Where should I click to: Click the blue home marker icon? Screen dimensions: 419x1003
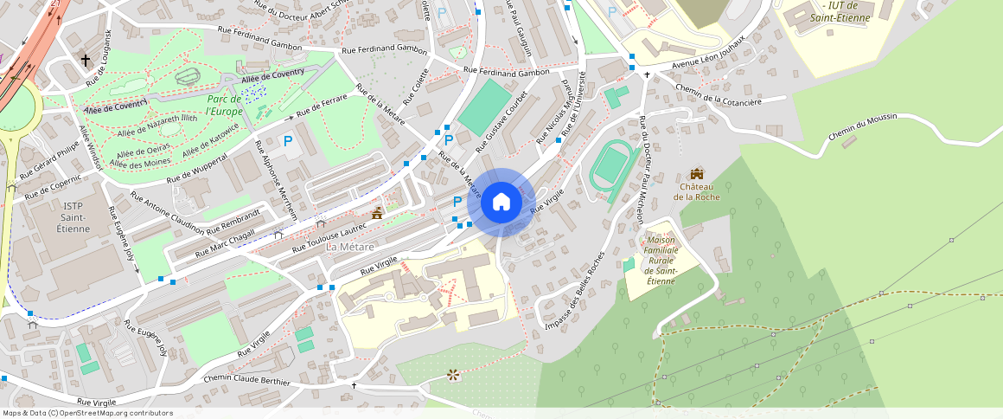click(x=501, y=203)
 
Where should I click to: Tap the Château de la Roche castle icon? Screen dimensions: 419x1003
click(x=697, y=174)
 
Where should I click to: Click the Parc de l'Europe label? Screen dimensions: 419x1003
click(x=225, y=106)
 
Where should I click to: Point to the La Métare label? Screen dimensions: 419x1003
click(x=349, y=247)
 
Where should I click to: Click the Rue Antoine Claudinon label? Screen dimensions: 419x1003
click(x=167, y=214)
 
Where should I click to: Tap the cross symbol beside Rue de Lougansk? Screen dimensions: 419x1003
click(x=86, y=61)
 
